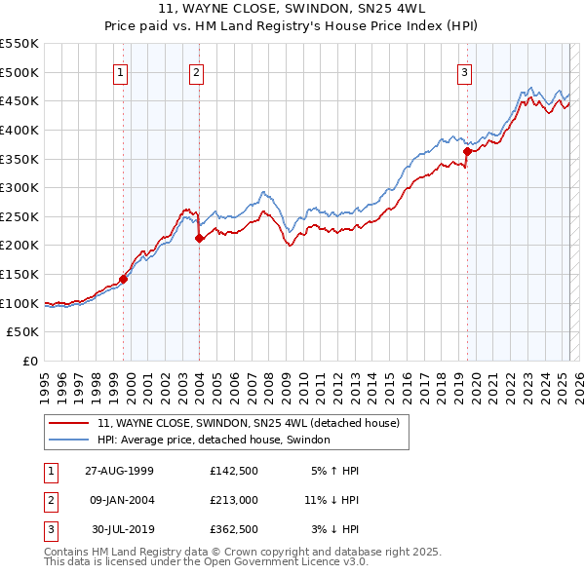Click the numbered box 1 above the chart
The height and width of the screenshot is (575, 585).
pyautogui.click(x=120, y=72)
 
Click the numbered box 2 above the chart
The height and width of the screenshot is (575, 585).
pyautogui.click(x=196, y=72)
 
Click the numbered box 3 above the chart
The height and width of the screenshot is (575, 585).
pyautogui.click(x=464, y=72)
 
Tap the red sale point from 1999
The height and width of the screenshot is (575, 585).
pyautogui.click(x=124, y=279)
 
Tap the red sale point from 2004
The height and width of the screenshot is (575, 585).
pyautogui.click(x=199, y=238)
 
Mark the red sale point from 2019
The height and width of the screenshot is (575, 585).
pyautogui.click(x=468, y=151)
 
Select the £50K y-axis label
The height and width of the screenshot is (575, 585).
pyautogui.click(x=23, y=332)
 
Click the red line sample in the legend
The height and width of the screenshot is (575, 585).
pyautogui.click(x=68, y=424)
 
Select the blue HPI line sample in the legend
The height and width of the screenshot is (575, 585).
pyautogui.click(x=68, y=441)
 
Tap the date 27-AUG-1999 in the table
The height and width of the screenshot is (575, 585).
pyautogui.click(x=119, y=471)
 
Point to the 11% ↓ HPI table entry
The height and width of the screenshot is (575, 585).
pyautogui.click(x=331, y=501)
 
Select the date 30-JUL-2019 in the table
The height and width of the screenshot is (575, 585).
pyautogui.click(x=121, y=531)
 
